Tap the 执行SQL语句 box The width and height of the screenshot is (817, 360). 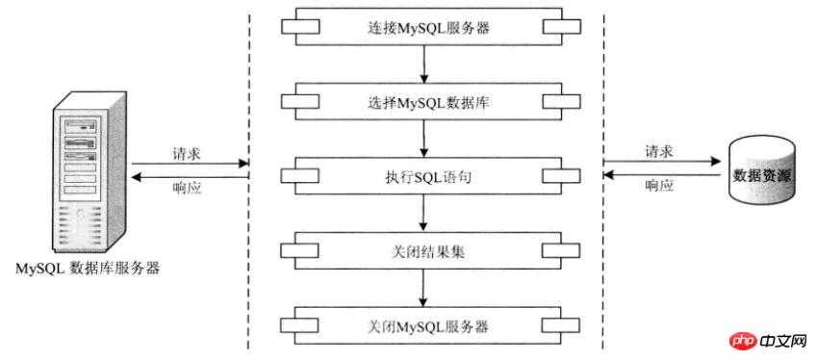423,177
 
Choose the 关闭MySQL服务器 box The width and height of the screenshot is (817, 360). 423,325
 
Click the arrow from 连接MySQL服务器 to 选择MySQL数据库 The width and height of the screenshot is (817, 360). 423,65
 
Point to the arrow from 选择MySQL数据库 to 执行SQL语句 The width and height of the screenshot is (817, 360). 423,140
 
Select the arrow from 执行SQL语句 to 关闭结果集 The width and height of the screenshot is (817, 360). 423,215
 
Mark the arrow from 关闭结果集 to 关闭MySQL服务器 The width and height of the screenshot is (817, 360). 423,289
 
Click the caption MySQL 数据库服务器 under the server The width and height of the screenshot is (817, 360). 88,269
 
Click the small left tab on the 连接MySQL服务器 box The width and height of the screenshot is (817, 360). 293,27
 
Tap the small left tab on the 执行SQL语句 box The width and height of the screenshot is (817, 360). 293,176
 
